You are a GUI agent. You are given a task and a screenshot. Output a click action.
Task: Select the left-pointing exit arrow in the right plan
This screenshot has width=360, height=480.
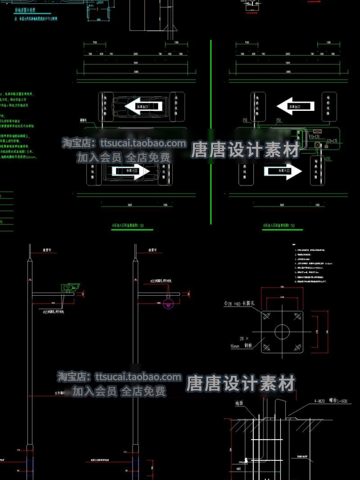pyautogui.click(x=288, y=104)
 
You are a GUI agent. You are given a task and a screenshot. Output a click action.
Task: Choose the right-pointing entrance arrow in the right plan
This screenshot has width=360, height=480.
pyautogui.click(x=283, y=171)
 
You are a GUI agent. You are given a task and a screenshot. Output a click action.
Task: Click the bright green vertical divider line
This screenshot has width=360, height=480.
pyautogui.click(x=211, y=130)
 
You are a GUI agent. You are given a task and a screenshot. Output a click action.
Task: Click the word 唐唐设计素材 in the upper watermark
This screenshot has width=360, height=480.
pyautogui.click(x=245, y=150)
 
